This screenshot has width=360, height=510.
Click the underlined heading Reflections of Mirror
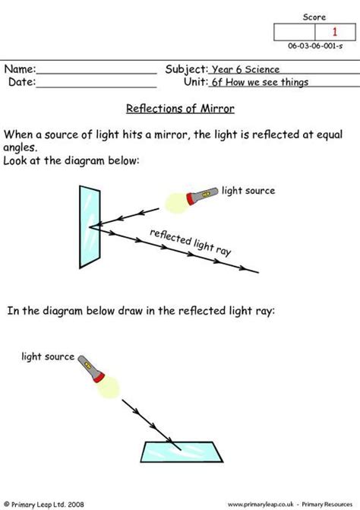179,109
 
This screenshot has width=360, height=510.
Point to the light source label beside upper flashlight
248,190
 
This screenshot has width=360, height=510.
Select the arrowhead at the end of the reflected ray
242,267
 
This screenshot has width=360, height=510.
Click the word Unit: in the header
195,81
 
